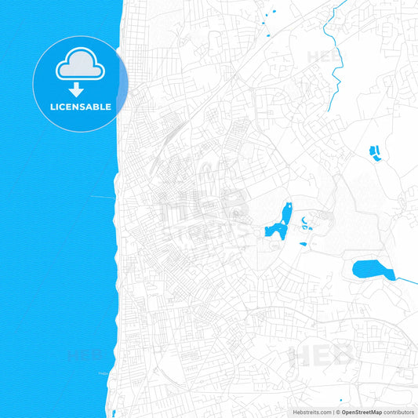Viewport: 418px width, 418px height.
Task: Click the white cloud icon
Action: [x=81, y=67]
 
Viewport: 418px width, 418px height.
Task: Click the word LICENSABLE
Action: [x=81, y=106]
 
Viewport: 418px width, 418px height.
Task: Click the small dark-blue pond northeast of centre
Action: [x=373, y=151]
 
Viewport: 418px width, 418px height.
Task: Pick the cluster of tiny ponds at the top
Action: [x=270, y=20]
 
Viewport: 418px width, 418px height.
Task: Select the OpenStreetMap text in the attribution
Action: [x=362, y=412]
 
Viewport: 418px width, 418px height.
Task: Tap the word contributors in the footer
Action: [x=399, y=412]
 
